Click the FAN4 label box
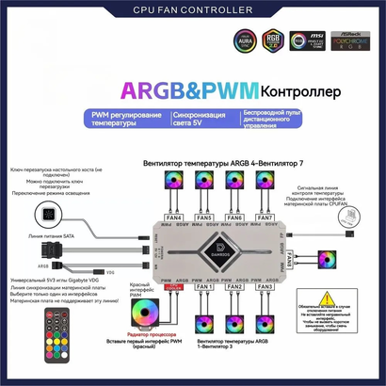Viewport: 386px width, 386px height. [173, 217]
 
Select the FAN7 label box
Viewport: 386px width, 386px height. [265, 217]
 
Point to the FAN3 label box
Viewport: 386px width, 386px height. [265, 286]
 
